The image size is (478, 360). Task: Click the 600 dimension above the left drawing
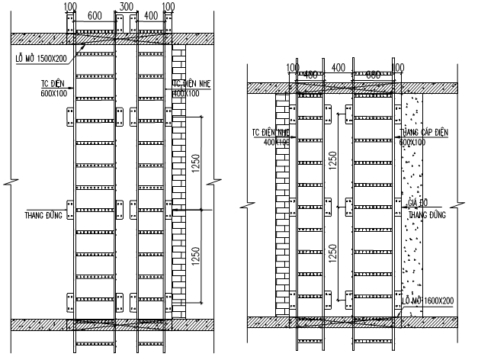click(95, 15)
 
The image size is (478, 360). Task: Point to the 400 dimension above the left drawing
click(152, 15)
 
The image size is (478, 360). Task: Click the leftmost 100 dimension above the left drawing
click(70, 6)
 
